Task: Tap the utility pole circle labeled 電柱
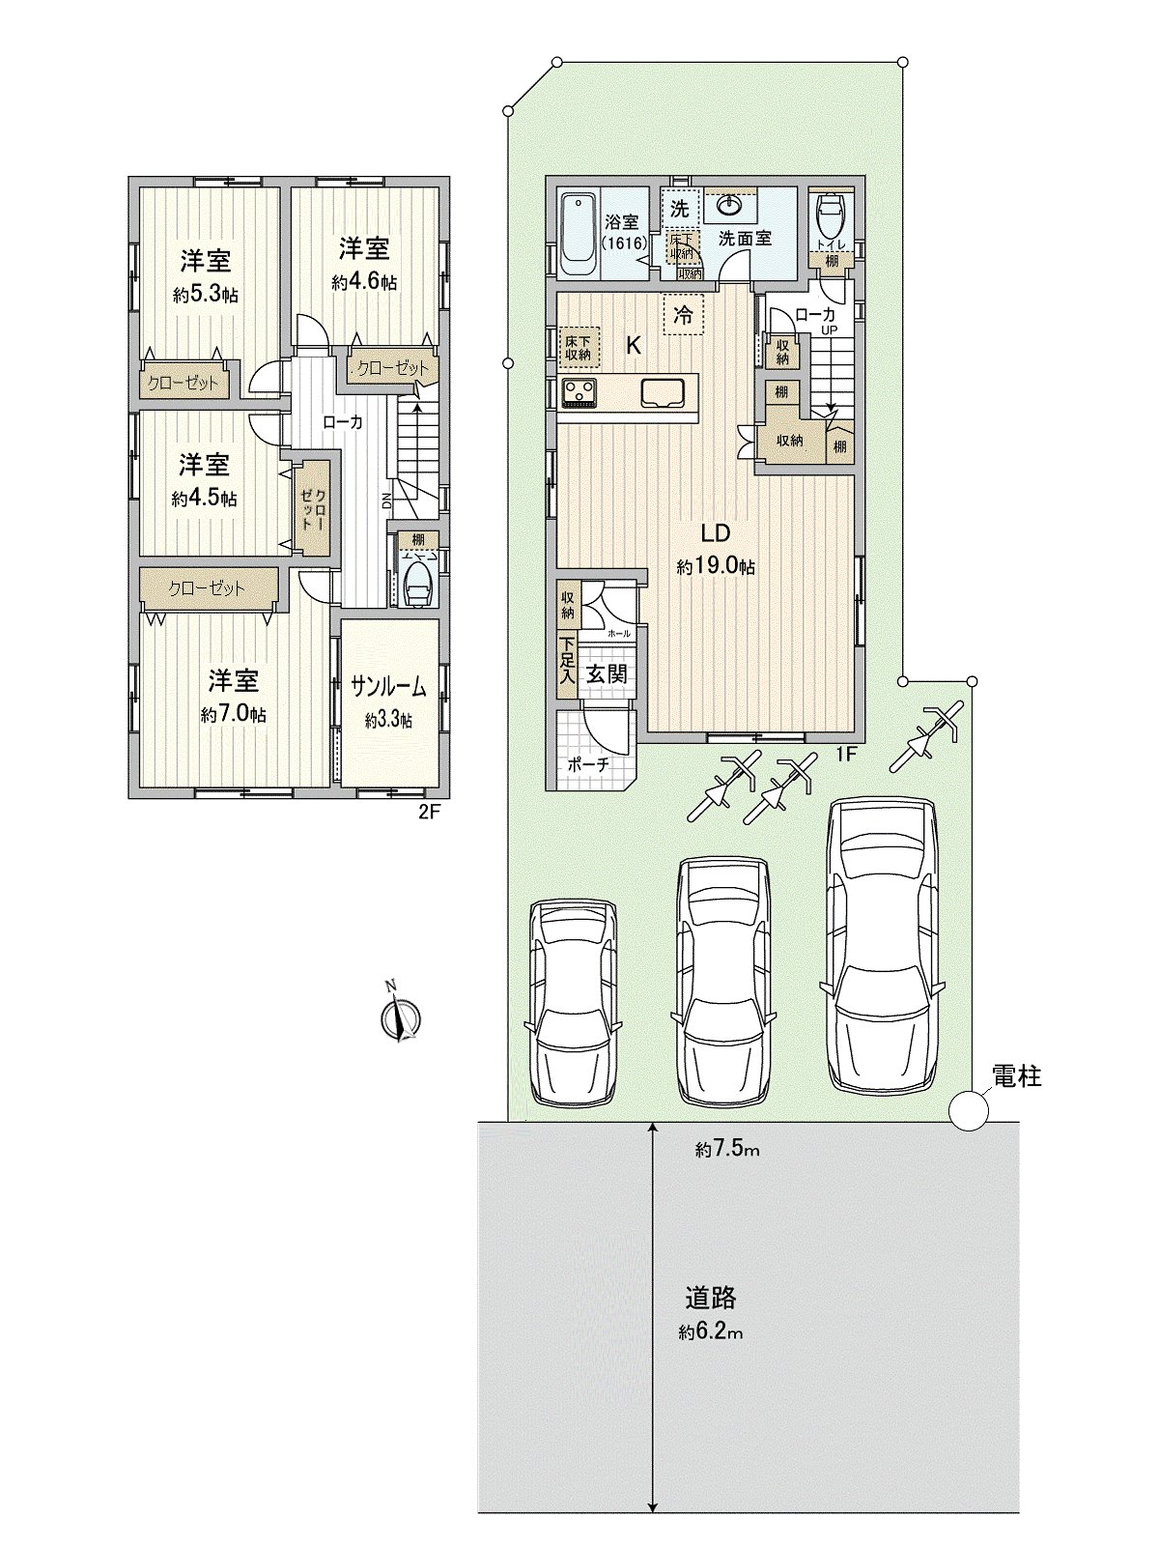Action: point(968,1110)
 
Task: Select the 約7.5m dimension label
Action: point(726,1149)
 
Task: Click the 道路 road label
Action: point(711,1296)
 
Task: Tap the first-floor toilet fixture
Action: point(829,215)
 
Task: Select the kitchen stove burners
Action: point(580,391)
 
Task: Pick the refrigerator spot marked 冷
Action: point(683,314)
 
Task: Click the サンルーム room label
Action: point(388,687)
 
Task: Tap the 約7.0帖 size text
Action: point(234,715)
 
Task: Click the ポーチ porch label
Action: point(588,762)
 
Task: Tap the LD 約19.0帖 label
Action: point(715,549)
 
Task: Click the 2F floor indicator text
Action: point(429,813)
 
